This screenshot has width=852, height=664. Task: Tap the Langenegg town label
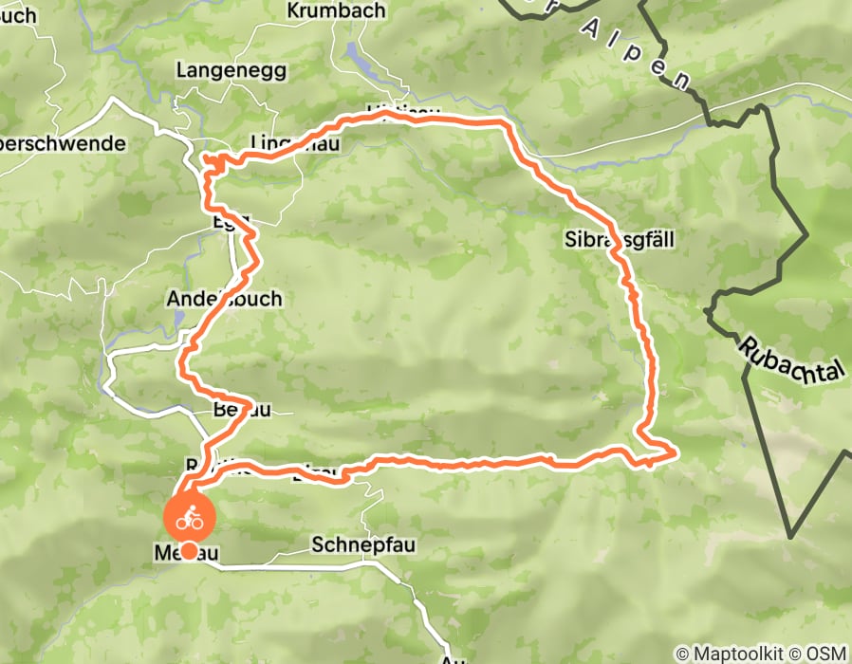[218, 70]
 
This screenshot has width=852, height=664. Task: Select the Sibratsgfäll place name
[618, 240]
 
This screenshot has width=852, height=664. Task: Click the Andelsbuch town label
[224, 299]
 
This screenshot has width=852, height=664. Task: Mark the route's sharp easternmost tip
[675, 453]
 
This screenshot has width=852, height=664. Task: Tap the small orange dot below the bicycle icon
[190, 550]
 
